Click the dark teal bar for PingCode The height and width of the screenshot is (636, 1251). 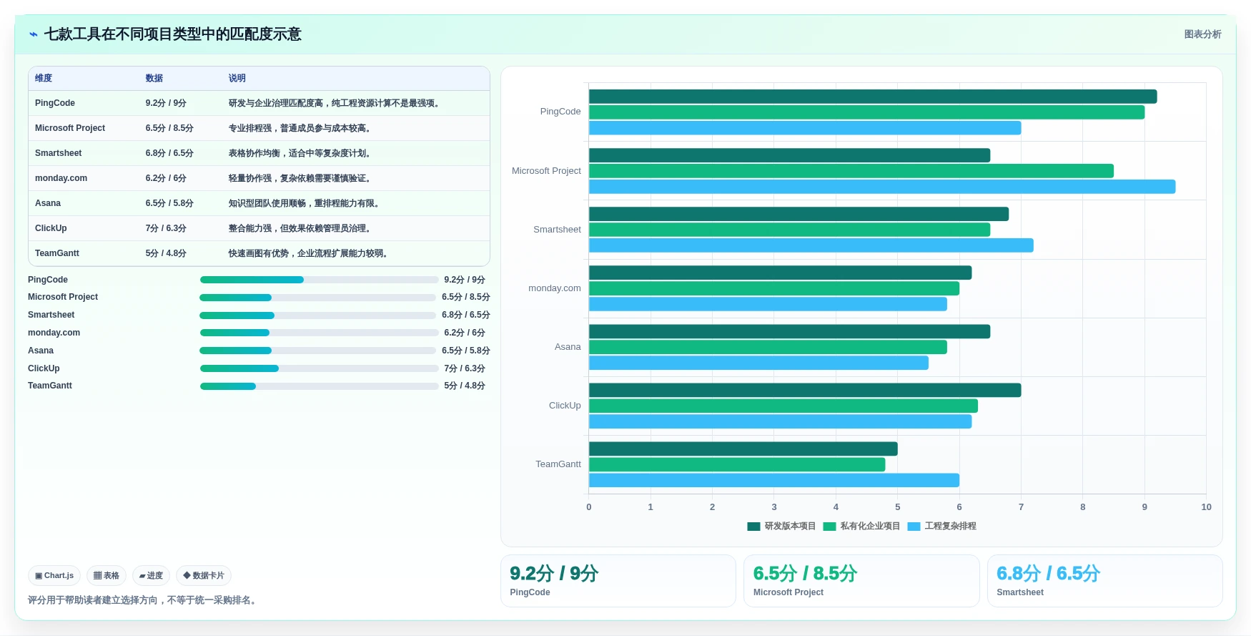(x=873, y=97)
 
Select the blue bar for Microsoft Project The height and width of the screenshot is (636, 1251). (x=882, y=187)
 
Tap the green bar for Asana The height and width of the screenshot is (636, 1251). (x=768, y=347)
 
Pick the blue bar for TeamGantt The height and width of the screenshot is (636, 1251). (x=774, y=480)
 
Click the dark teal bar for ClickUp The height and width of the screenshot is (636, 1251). (x=805, y=390)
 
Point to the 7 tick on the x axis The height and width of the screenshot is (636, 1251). (x=1021, y=507)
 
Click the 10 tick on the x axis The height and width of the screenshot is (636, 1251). (x=1206, y=507)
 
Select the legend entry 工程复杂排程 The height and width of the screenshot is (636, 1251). (x=942, y=526)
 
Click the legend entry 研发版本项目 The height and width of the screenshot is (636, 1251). (x=781, y=526)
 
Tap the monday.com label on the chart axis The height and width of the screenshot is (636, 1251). (x=555, y=288)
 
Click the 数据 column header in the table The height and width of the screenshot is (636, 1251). (x=154, y=78)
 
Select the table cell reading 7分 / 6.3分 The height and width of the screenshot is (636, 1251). (x=166, y=228)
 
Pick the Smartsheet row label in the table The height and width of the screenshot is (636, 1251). (x=59, y=153)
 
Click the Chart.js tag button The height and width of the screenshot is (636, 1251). (x=54, y=575)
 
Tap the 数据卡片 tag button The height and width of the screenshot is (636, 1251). (x=204, y=575)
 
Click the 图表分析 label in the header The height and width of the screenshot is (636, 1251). (x=1202, y=34)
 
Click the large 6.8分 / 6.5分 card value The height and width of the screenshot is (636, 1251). (x=1048, y=574)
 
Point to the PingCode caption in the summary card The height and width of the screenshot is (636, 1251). (x=530, y=592)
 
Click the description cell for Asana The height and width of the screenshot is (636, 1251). (x=304, y=203)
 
